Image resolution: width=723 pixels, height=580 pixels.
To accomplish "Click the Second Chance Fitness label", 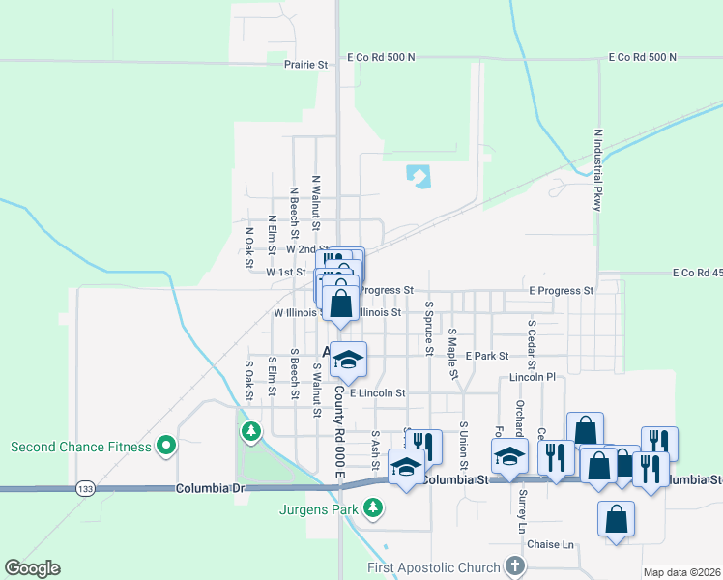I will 80,447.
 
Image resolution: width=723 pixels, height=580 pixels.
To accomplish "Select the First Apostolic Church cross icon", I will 515,567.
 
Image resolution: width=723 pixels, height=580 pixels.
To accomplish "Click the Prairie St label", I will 306,65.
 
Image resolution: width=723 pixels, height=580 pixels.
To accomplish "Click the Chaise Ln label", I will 551,545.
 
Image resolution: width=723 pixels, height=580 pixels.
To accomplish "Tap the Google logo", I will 32,568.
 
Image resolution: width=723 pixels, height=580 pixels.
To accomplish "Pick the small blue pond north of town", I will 419,176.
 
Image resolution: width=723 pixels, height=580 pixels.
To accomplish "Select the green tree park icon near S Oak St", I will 250,430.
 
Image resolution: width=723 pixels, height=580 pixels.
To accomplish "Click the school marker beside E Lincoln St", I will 348,362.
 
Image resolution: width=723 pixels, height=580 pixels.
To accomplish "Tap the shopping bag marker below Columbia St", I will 617,520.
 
